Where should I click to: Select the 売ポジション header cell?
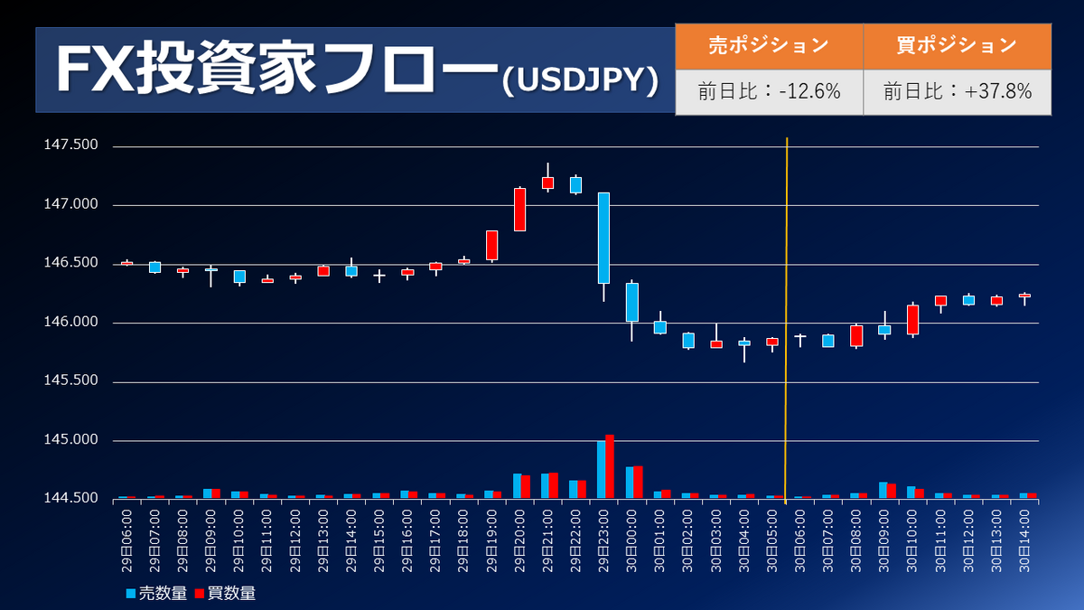(769, 45)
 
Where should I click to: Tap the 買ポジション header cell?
(957, 45)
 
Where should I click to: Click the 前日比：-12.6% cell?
(769, 92)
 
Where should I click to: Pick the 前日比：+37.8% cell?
(957, 92)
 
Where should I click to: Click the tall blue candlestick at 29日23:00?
(603, 238)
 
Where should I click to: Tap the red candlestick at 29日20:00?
(519, 209)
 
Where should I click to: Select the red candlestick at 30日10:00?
(912, 320)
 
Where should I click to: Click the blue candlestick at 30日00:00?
(632, 302)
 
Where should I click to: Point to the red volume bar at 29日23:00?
(610, 466)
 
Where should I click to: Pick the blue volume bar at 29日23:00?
(601, 469)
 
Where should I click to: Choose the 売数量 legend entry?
(155, 594)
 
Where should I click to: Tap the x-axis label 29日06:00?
(127, 538)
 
